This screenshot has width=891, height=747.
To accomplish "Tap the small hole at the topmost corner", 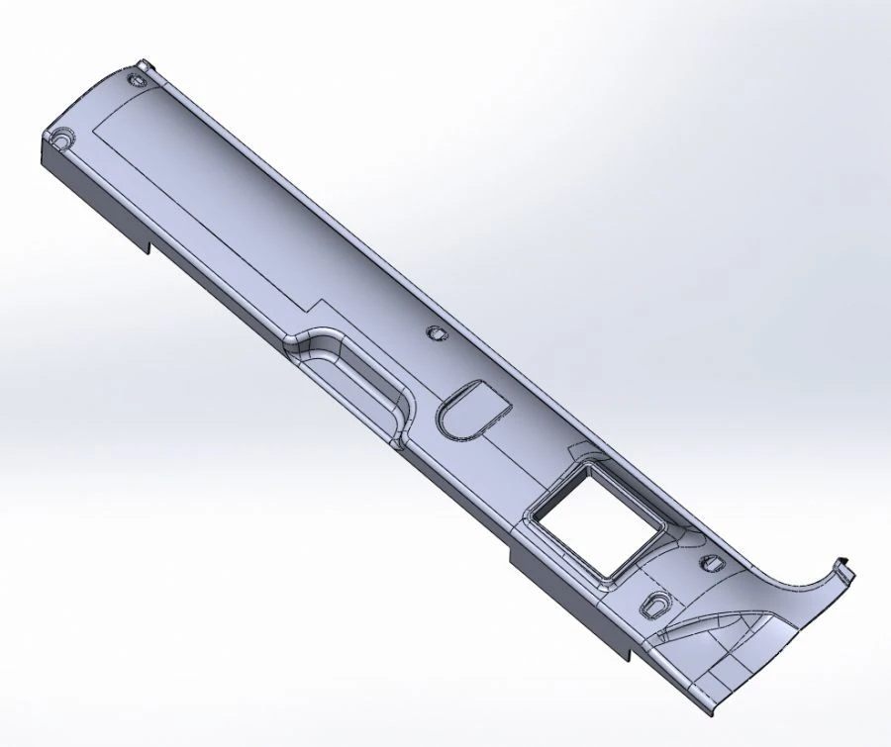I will click(142, 68).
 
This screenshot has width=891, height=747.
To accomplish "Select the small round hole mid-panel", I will click(433, 331).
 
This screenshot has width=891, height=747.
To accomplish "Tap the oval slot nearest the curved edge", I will click(711, 565).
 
